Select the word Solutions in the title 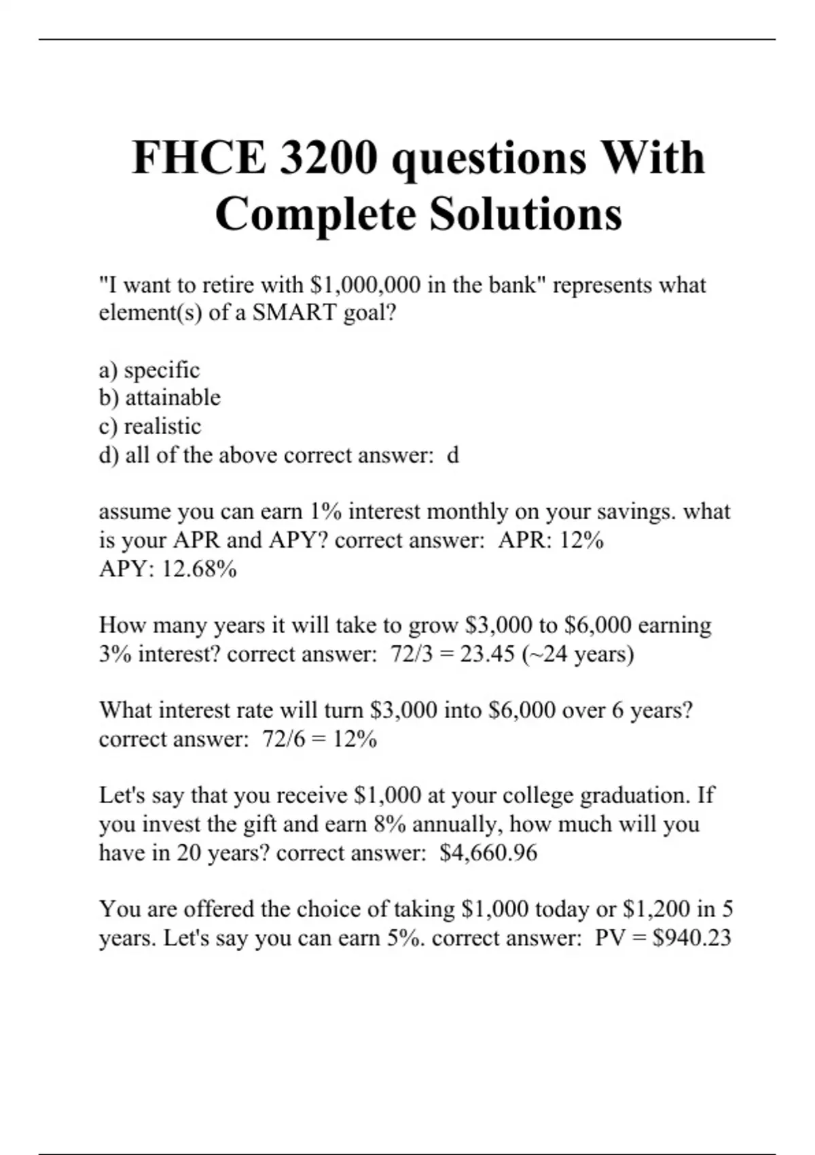(526, 214)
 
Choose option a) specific (149, 370)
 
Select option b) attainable (160, 397)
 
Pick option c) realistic (150, 427)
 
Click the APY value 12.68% (199, 569)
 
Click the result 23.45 (487, 654)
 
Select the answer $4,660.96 (488, 853)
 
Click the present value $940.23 (691, 938)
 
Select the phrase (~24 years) (577, 654)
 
